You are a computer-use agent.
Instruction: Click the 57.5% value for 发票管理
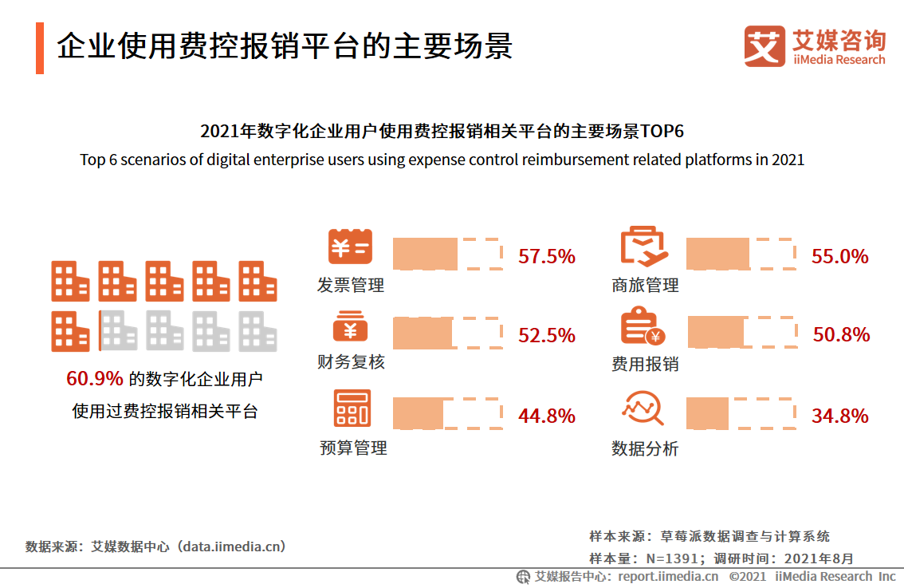[547, 256]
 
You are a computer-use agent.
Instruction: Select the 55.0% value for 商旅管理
[839, 256]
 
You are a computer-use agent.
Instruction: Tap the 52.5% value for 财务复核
[547, 336]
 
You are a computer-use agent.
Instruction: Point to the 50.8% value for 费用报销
[841, 335]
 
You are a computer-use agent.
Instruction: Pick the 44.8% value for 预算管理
[547, 416]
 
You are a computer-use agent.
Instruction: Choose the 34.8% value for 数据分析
[839, 416]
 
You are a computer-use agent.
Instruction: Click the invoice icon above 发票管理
[350, 247]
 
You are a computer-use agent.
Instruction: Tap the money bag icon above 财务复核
[350, 327]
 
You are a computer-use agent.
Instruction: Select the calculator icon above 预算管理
[352, 408]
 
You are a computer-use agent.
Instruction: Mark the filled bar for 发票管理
[426, 253]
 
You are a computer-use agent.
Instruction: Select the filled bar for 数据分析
[707, 412]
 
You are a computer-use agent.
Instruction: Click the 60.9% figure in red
[94, 379]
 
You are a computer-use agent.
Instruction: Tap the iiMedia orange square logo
[764, 46]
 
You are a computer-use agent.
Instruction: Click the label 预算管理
[353, 448]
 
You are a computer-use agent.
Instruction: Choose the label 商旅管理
[645, 286]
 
